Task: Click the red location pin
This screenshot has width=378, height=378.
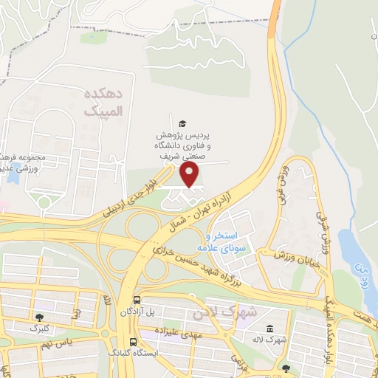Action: click(x=190, y=174)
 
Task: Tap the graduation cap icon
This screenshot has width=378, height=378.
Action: click(x=182, y=123)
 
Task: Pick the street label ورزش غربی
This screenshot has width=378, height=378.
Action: click(x=281, y=185)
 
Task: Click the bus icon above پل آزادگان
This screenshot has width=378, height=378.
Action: click(x=137, y=301)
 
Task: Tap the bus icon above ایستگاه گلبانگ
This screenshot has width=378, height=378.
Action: click(x=133, y=343)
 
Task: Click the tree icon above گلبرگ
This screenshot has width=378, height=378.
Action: click(x=39, y=317)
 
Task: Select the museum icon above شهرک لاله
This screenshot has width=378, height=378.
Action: click(x=267, y=329)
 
